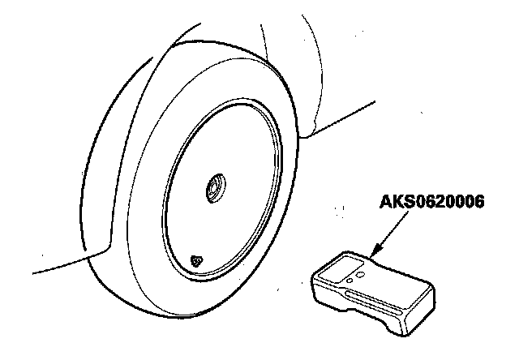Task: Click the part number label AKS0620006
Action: tap(431, 203)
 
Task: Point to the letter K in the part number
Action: tap(397, 203)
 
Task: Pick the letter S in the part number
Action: tap(407, 203)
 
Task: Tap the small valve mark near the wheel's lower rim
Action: tap(196, 260)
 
